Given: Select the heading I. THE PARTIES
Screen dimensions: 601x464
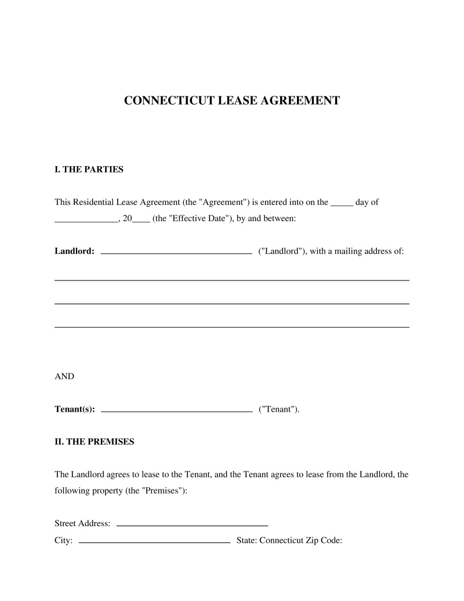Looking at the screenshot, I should pos(89,170).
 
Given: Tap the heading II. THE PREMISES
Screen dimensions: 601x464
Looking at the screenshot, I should pos(94,441).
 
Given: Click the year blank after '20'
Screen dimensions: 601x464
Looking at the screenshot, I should pos(142,221).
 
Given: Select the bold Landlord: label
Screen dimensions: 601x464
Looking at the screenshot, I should pos(74,251).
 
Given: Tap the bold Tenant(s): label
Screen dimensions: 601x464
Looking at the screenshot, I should pos(75,409).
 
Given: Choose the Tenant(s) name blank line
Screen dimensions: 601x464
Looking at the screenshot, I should pos(176,411).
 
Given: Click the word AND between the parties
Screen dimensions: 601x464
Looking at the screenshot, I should pos(64,376).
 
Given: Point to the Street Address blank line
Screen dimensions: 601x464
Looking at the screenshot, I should pos(192,525).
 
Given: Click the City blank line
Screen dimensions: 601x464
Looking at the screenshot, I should pos(154,542).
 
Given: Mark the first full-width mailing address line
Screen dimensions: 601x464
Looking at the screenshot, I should pos(231,280).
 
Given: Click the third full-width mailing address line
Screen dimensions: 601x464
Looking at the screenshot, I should pos(231,327).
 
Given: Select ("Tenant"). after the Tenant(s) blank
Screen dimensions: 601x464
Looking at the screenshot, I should pos(279,409).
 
